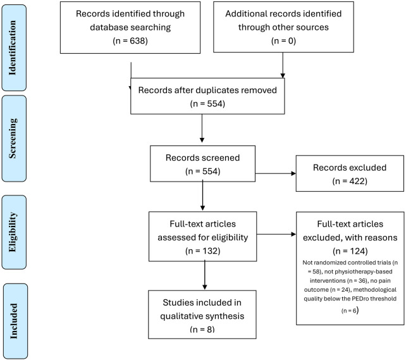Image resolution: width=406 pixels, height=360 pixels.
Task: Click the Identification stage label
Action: (13, 48)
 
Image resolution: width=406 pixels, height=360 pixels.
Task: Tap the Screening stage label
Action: (13, 139)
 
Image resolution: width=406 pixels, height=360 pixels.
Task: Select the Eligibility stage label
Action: (13, 232)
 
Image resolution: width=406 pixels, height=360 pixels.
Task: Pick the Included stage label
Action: (13, 321)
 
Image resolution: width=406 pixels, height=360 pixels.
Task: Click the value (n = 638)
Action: (130, 40)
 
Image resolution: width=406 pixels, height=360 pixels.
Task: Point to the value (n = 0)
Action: (283, 40)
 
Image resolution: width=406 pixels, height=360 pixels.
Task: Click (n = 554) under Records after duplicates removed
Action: (207, 104)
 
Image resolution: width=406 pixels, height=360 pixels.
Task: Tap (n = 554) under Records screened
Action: (203, 171)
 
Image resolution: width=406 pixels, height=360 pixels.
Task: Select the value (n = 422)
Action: (350, 181)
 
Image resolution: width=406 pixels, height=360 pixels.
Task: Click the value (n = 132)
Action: (203, 251)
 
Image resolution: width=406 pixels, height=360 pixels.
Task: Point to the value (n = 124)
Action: (350, 251)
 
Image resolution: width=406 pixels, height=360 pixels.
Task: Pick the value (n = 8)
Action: (202, 329)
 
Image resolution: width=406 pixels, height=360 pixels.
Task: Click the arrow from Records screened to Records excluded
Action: (276, 173)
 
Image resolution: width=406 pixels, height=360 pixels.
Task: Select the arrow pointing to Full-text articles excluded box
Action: (276, 234)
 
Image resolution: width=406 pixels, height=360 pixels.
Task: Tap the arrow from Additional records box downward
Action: (283, 65)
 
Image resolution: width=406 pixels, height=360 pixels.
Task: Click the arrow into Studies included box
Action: (204, 275)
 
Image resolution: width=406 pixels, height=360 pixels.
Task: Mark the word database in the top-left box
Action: (108, 27)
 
